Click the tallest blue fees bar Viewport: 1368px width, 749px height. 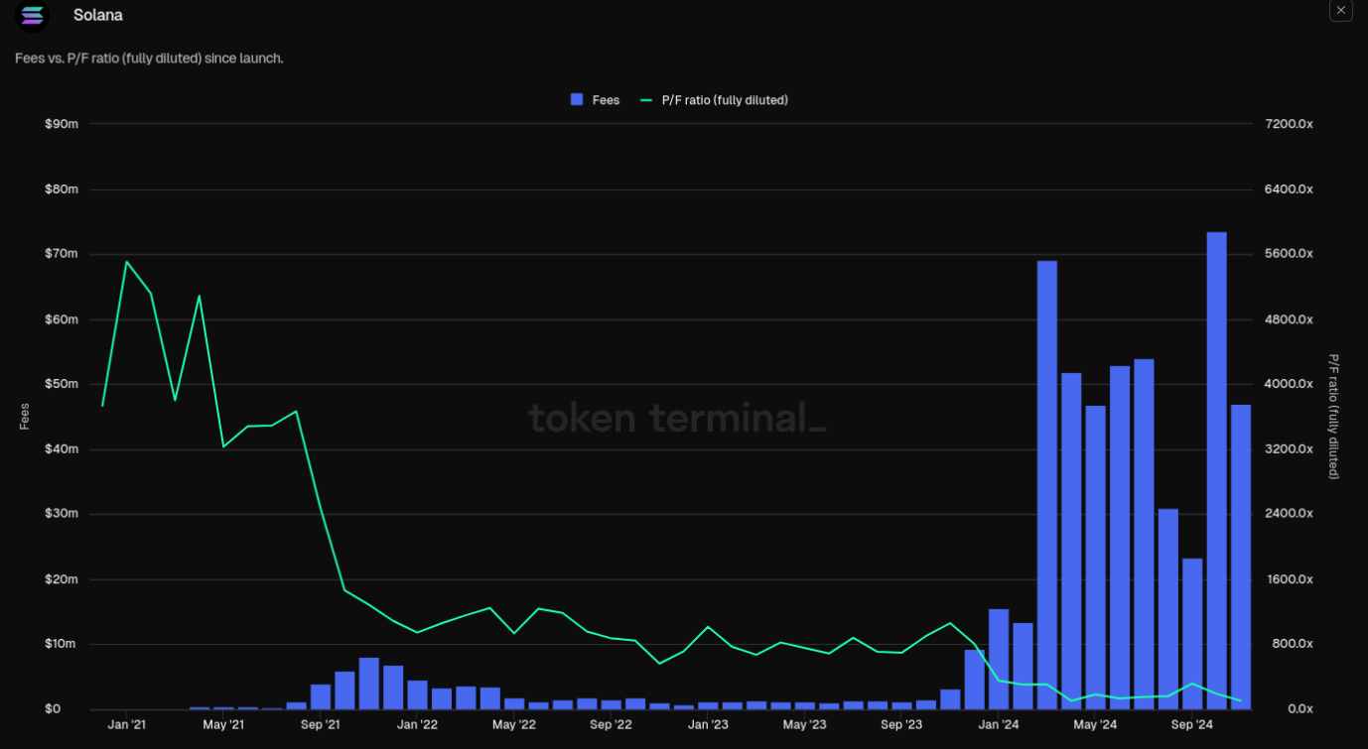coord(1216,470)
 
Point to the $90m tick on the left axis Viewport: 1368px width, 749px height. coord(62,124)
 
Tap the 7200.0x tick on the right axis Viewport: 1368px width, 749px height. coord(1289,124)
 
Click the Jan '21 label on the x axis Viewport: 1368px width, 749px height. coord(126,725)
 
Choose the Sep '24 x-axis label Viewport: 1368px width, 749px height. coord(1192,725)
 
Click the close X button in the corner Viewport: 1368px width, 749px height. coord(1340,11)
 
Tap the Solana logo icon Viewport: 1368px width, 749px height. coord(33,16)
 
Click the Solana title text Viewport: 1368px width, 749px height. coord(98,16)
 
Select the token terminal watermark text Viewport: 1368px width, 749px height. coord(676,418)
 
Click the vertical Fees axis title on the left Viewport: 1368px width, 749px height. coord(25,416)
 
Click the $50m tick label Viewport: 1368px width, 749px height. coord(62,384)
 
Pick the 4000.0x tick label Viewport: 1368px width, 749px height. coord(1289,384)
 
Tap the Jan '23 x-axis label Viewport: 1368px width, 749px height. coord(708,725)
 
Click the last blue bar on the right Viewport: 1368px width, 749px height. coord(1241,557)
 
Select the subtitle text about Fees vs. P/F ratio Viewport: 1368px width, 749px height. coord(149,59)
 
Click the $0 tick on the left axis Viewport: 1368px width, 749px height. coord(52,709)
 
